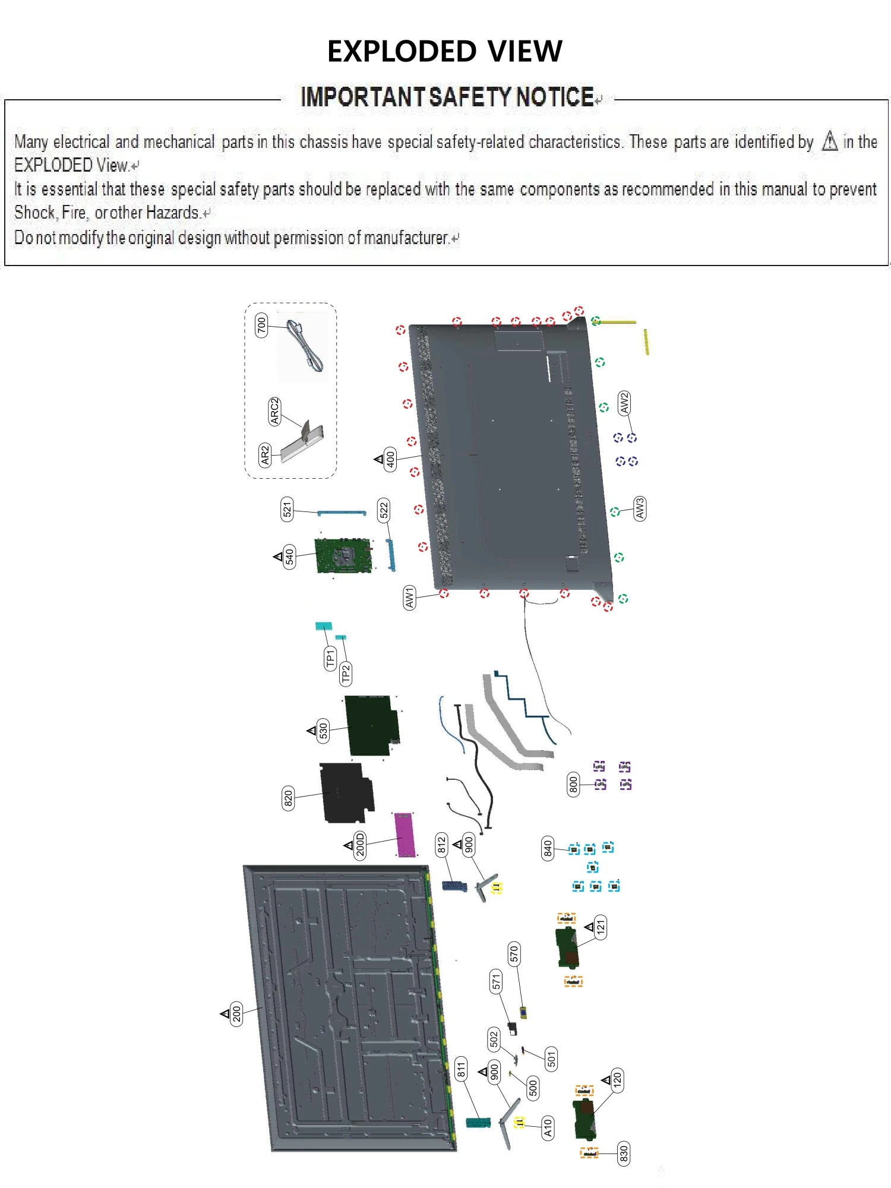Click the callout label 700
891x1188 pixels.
click(261, 326)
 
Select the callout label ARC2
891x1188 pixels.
click(274, 411)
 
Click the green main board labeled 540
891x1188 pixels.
click(343, 556)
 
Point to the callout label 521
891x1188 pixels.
click(287, 510)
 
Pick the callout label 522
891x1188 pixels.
click(384, 510)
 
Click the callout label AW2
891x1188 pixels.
click(624, 403)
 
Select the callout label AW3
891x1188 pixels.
click(640, 509)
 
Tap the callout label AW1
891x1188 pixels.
click(409, 598)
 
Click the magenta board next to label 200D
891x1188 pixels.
click(405, 835)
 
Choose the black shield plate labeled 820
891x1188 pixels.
click(346, 793)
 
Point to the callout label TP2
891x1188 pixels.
click(346, 674)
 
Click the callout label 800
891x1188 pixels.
click(573, 785)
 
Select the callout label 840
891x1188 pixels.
click(548, 848)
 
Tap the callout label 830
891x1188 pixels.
click(624, 1154)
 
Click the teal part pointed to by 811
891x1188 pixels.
click(478, 1123)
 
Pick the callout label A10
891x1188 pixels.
click(548, 1127)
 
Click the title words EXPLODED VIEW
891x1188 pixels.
click(444, 51)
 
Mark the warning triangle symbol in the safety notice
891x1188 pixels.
click(830, 141)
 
